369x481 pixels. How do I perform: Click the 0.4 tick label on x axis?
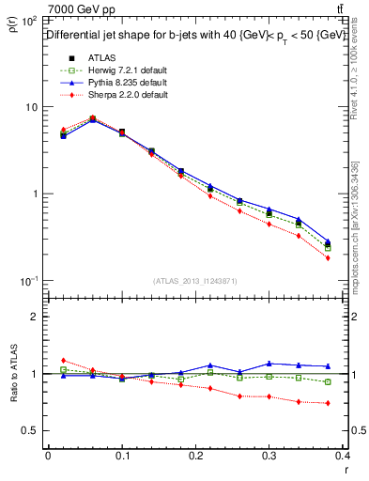point(346,456)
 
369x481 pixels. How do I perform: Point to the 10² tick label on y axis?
point(28,21)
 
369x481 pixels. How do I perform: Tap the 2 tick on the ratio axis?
point(34,317)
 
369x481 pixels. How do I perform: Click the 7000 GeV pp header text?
point(76,8)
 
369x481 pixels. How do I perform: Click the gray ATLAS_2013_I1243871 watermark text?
point(194,281)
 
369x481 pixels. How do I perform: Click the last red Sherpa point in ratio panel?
point(354,403)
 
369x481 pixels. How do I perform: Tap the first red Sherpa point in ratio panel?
point(63,360)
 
